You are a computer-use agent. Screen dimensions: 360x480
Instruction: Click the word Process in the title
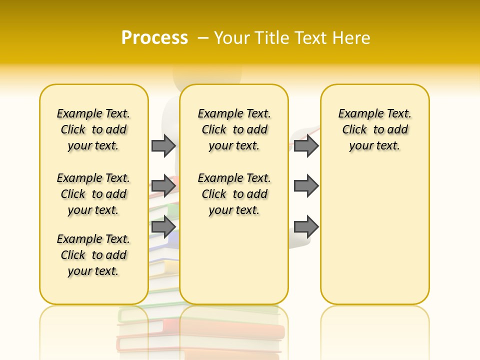[154, 38]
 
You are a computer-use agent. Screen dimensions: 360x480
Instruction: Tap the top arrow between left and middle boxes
[163, 145]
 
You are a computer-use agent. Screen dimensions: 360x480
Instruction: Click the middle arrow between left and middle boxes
[163, 185]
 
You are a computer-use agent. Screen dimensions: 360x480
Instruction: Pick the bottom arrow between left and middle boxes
[163, 226]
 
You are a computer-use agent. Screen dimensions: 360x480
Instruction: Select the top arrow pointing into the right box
[306, 145]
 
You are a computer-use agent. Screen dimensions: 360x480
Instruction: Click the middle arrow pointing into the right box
[306, 185]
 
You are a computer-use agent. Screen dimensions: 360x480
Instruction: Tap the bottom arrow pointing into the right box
[306, 226]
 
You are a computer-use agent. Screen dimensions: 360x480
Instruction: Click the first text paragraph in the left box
[93, 129]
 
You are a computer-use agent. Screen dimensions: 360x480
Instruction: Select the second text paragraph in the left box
[93, 194]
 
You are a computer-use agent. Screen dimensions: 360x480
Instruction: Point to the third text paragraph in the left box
[93, 255]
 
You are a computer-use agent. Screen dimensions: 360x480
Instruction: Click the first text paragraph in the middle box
[234, 129]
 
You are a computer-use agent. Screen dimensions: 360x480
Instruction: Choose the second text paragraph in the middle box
[234, 194]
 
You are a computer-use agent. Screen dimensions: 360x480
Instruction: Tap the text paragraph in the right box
[375, 129]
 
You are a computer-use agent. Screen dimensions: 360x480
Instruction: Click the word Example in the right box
[357, 114]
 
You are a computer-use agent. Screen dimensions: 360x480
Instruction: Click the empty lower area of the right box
[375, 240]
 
